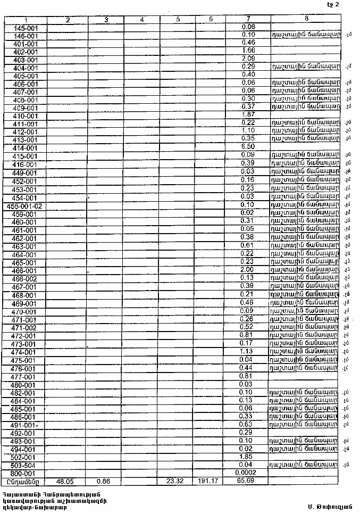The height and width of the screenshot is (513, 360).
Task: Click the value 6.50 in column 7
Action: coord(248,147)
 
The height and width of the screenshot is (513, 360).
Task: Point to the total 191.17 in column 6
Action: coord(211,481)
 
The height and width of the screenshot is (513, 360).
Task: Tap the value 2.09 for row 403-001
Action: coord(248,59)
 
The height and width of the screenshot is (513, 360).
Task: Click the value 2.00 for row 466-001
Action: coord(248,270)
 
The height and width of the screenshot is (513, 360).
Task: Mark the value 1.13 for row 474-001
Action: coord(248,351)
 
